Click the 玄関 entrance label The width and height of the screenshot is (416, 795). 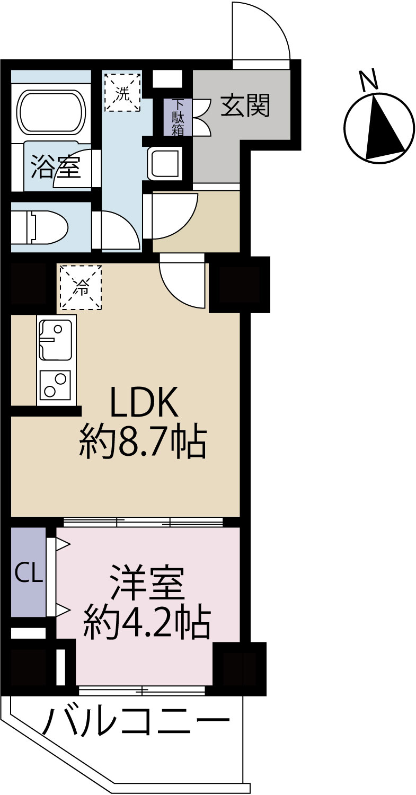click(245, 105)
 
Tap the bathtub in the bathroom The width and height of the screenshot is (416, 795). click(51, 112)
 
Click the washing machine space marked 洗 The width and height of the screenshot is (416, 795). click(122, 92)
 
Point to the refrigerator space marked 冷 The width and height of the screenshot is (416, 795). click(81, 287)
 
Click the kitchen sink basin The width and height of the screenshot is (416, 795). click(55, 340)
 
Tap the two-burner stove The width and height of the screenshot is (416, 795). click(55, 384)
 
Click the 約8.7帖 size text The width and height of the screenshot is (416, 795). click(142, 442)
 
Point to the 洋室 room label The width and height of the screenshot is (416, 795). click(147, 583)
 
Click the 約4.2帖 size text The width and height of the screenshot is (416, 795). click(147, 622)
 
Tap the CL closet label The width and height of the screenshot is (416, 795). click(28, 572)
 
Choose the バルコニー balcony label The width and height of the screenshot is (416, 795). click(136, 721)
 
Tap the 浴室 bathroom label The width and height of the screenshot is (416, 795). click(55, 166)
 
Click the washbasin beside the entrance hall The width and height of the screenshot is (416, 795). click(164, 163)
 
